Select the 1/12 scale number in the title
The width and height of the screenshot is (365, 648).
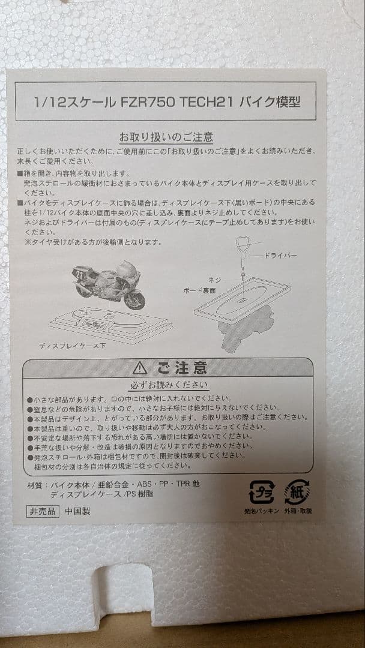pos(50,101)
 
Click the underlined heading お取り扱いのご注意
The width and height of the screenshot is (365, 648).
pos(175,137)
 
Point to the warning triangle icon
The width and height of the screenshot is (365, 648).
pos(140,367)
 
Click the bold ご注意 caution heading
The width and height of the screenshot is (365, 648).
pos(182,367)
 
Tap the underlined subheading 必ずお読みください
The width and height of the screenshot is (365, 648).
pos(169,385)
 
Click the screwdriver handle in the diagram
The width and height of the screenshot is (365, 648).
pos(242,246)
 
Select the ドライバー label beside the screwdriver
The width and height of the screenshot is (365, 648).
pos(281,256)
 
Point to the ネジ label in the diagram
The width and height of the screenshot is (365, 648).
pos(216,280)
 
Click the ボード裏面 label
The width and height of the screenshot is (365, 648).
pos(199,290)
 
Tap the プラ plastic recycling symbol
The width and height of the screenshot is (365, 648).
pos(261,492)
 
